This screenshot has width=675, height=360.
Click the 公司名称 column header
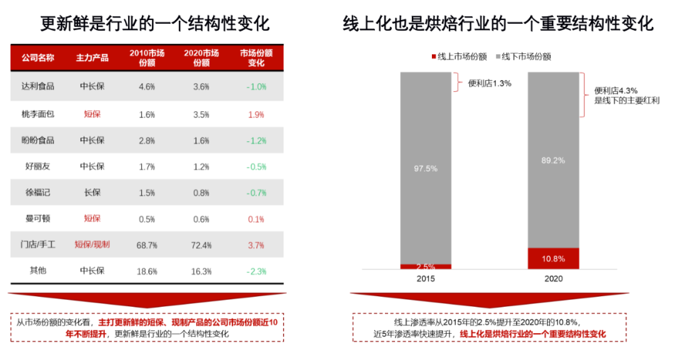pyautogui.click(x=37, y=58)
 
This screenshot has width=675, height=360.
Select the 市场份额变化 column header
pyautogui.click(x=256, y=58)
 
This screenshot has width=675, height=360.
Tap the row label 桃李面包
pyautogui.click(x=37, y=114)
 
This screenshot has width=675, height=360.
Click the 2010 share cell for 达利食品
pyautogui.click(x=146, y=87)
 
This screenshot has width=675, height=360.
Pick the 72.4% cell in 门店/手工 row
pyautogui.click(x=201, y=245)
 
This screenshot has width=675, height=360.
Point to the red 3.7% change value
pyautogui.click(x=256, y=245)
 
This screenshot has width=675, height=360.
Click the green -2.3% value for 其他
pyautogui.click(x=256, y=271)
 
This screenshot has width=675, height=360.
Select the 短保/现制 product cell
pyautogui.click(x=92, y=244)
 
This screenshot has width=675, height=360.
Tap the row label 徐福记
pyautogui.click(x=37, y=192)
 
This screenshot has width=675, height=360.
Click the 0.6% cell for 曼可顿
pyautogui.click(x=201, y=219)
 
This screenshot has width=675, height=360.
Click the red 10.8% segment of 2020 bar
pyautogui.click(x=552, y=258)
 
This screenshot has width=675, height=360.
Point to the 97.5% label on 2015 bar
pyautogui.click(x=425, y=168)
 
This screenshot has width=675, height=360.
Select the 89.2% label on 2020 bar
pyautogui.click(x=552, y=161)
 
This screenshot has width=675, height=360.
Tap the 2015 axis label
pyautogui.click(x=426, y=279)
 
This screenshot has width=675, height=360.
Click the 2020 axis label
pyautogui.click(x=552, y=279)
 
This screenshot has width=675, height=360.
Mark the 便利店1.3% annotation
pyautogui.click(x=489, y=82)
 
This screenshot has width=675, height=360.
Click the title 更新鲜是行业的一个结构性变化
pyautogui.click(x=155, y=24)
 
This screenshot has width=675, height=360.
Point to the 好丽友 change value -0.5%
pyautogui.click(x=256, y=167)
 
